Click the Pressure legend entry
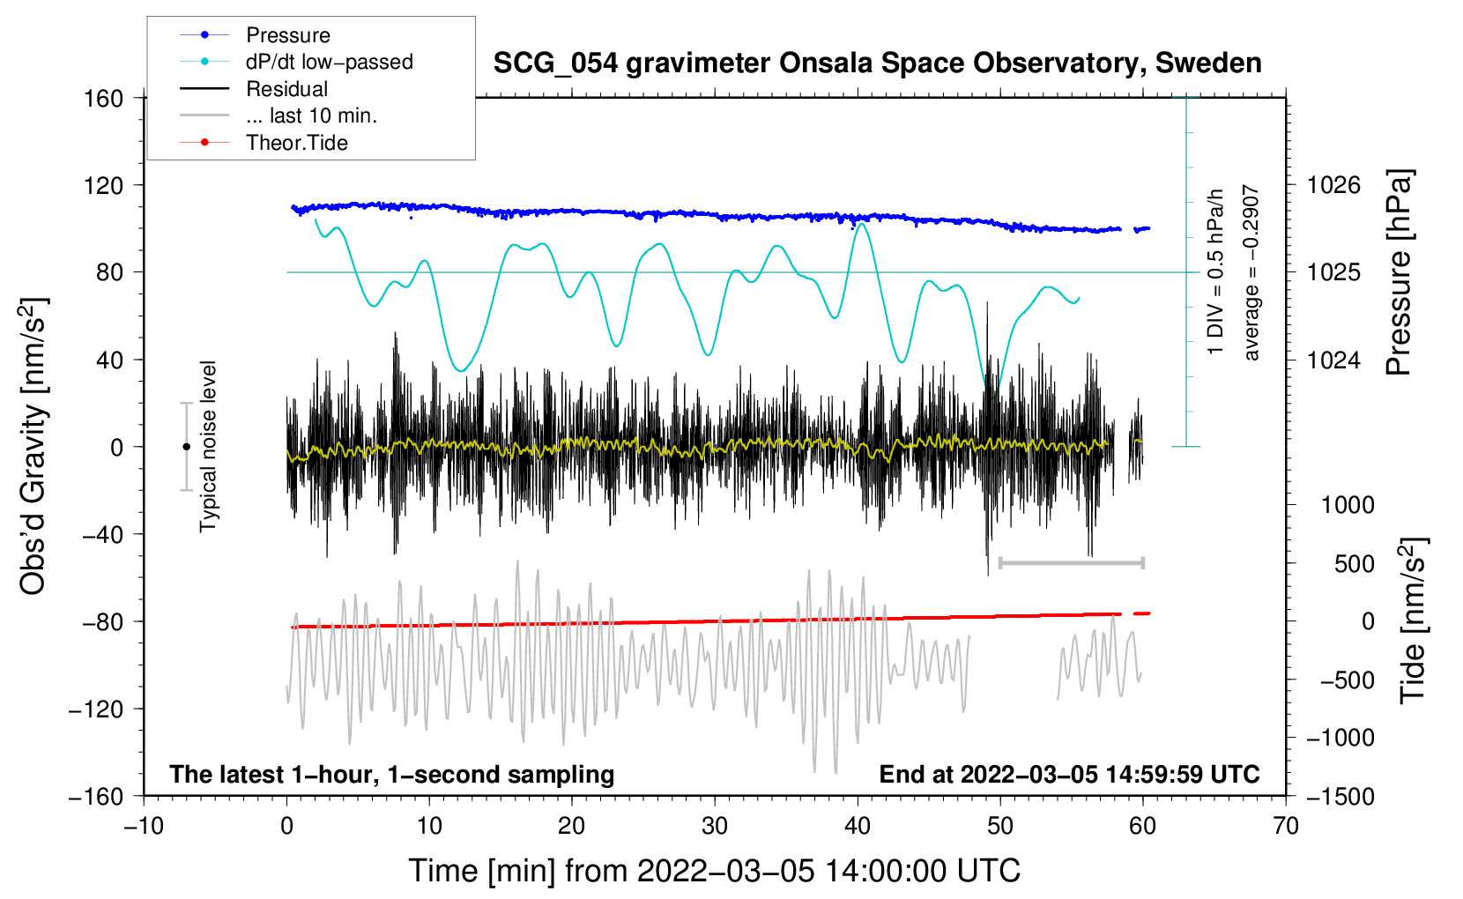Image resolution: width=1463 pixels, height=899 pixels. tap(256, 34)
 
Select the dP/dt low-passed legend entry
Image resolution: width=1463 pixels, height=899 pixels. tap(296, 62)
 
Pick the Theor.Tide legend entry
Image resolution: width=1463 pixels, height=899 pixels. tap(264, 143)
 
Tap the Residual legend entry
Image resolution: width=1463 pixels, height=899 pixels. tap(254, 89)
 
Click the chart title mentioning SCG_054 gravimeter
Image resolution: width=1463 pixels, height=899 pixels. tap(877, 63)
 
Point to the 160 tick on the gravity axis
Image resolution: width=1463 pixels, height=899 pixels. tap(104, 99)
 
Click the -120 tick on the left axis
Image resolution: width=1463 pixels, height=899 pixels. tap(96, 709)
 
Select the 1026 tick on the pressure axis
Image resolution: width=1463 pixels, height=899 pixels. tap(1333, 185)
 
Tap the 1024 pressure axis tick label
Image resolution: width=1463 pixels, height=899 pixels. tap(1333, 360)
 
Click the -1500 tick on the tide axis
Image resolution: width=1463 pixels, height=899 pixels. tap(1340, 797)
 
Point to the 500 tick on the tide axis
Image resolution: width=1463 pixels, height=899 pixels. tap(1355, 564)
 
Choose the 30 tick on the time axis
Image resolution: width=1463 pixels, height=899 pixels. tap(715, 827)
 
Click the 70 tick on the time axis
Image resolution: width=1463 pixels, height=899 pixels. tap(1285, 827)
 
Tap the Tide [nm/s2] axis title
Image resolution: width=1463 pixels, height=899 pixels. tap(1414, 620)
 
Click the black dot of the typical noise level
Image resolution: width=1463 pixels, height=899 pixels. tap(186, 447)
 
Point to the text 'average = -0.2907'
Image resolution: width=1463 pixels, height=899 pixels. tap(1251, 272)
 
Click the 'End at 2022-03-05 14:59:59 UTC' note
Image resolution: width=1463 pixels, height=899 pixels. tap(1069, 774)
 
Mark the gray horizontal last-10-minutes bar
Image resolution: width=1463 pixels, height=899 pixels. tap(1071, 562)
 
